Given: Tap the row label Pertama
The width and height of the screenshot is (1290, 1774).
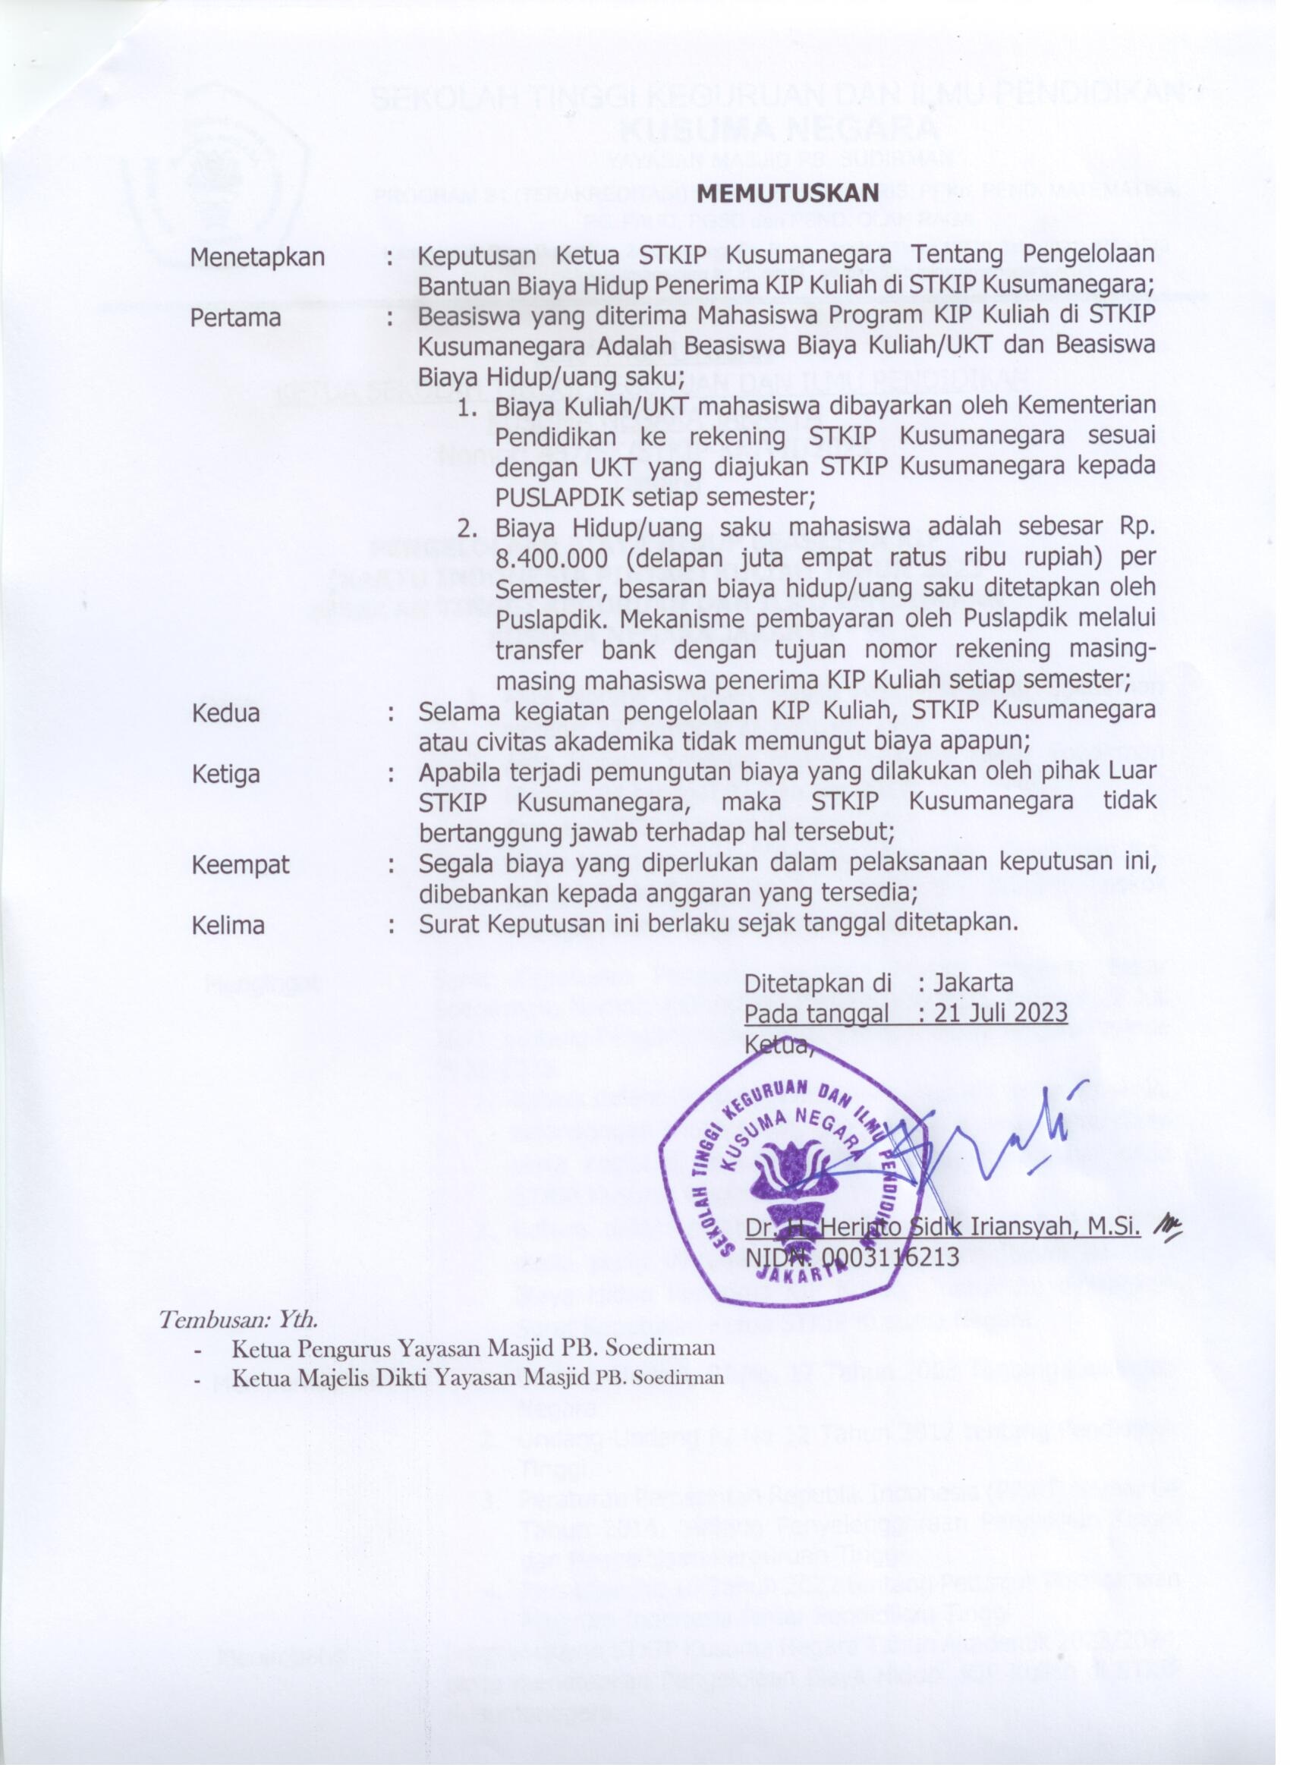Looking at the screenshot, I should [x=236, y=318].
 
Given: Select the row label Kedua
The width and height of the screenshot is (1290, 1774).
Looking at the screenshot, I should [x=226, y=713].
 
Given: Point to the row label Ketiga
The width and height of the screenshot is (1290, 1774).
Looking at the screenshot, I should [x=226, y=775].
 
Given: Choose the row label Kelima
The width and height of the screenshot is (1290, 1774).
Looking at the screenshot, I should [x=228, y=926].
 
